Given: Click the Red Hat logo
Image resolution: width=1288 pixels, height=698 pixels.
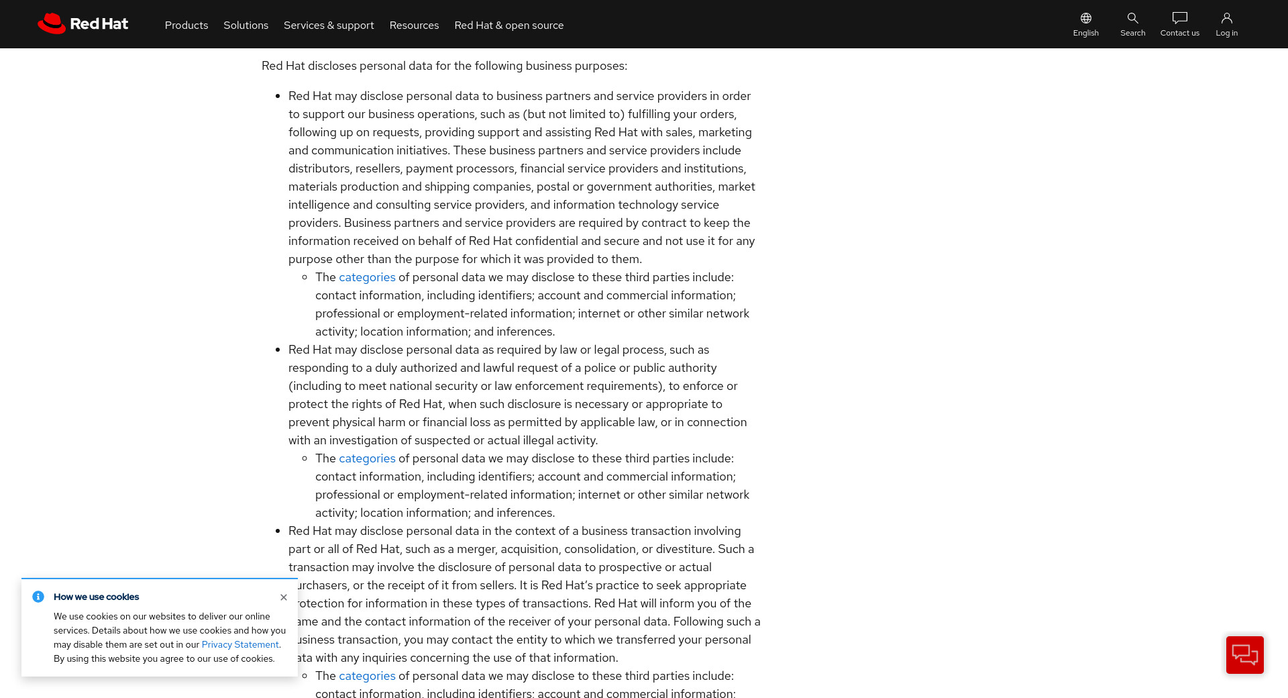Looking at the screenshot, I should click(83, 24).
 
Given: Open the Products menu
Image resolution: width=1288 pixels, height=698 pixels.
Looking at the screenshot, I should click(186, 26).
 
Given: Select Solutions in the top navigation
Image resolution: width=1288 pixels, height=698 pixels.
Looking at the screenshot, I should click(246, 26).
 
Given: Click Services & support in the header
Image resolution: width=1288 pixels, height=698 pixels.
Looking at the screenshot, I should click(329, 26).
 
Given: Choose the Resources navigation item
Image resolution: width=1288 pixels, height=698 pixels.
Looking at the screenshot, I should click(414, 26).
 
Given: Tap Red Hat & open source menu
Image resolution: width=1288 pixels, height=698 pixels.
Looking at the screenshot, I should click(508, 26).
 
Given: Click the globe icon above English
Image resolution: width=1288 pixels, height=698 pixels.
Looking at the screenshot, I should click(1085, 18).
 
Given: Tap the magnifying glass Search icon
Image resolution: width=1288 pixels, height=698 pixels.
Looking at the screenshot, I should click(1132, 18).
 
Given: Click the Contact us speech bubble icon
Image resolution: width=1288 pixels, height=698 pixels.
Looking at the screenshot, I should click(1179, 18).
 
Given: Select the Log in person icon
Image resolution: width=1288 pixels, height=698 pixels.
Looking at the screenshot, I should click(1226, 18).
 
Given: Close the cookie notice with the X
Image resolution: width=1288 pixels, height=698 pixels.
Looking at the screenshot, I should click(284, 597).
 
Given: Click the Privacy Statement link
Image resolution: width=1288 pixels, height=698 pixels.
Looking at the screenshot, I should click(240, 645).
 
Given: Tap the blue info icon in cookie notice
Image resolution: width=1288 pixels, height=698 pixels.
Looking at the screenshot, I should click(38, 597).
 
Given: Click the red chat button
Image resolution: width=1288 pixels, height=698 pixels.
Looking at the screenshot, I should click(1244, 654).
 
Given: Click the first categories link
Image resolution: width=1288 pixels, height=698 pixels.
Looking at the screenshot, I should click(367, 277).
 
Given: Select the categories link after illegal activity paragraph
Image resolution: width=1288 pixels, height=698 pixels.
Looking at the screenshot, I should click(367, 458).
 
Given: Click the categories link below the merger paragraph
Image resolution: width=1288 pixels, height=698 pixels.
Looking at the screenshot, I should click(367, 676).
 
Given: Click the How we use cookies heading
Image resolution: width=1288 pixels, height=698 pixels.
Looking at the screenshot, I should click(97, 597).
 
